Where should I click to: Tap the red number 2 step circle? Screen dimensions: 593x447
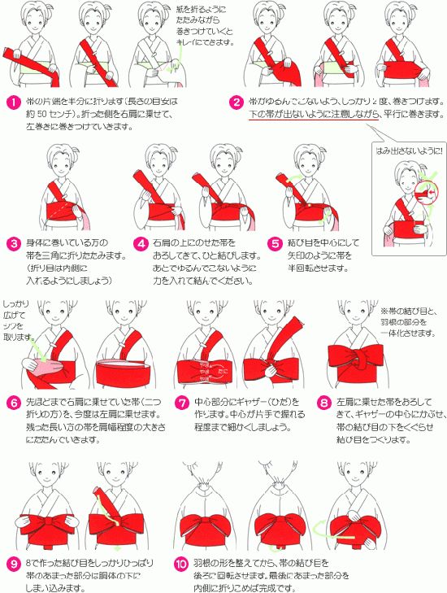[237, 102]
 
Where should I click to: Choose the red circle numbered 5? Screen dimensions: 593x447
[276, 243]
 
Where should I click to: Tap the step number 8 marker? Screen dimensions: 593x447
[323, 402]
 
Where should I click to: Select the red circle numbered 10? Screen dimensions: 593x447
[180, 562]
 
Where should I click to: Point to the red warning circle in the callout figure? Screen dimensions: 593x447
[428, 193]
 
